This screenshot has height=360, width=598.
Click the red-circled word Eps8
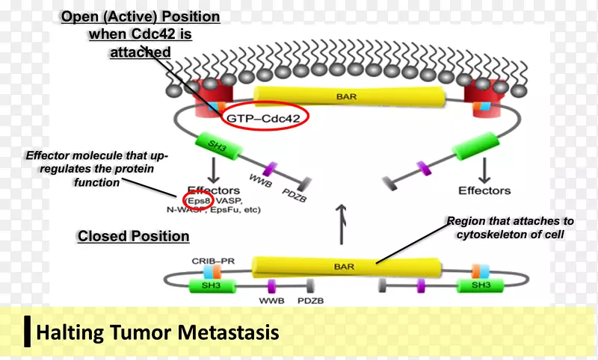click(x=200, y=200)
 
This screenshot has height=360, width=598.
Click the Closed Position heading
click(x=133, y=237)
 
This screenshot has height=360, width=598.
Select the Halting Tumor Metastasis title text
click(x=157, y=331)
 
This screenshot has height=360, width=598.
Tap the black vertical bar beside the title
click(x=28, y=331)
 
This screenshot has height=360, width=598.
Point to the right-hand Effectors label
click(x=484, y=190)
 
